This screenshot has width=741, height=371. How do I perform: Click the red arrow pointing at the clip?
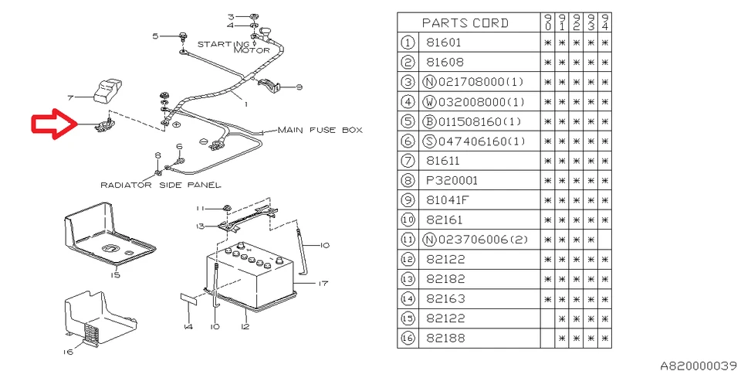(x=54, y=124)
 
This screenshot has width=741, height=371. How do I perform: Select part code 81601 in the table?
(x=444, y=43)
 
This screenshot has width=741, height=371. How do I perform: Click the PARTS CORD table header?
(x=465, y=22)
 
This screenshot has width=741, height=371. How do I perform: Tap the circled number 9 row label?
(x=408, y=200)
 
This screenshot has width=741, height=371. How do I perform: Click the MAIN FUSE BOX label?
(x=320, y=130)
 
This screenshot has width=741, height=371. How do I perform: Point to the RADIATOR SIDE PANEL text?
(x=161, y=185)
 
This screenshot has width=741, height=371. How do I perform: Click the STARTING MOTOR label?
(x=235, y=47)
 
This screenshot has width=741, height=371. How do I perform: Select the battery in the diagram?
(x=250, y=277)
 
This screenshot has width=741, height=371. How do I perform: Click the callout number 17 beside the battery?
(x=323, y=284)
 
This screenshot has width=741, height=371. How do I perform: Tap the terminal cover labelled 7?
(x=107, y=90)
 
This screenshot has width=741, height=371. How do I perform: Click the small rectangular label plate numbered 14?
(x=188, y=298)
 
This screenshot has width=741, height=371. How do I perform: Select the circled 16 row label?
(x=408, y=339)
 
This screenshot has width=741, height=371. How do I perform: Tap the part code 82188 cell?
(x=445, y=339)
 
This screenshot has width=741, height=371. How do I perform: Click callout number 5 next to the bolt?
(x=155, y=36)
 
